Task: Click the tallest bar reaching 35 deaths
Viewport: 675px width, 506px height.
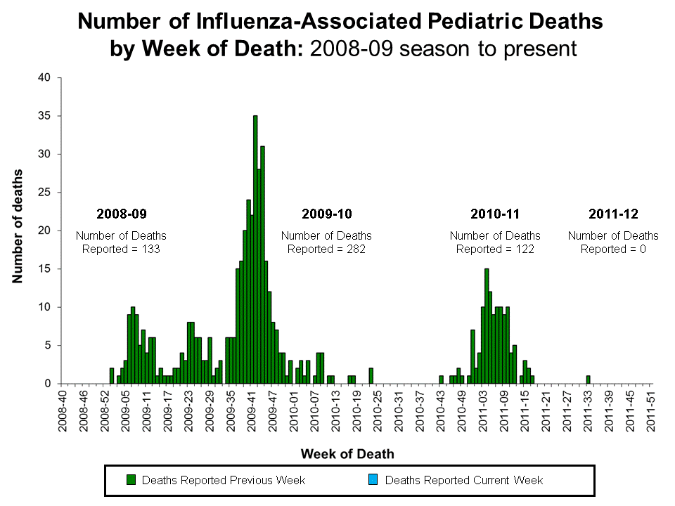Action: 255,249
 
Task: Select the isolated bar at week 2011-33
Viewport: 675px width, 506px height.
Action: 588,379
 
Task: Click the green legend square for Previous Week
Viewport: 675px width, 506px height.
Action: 131,480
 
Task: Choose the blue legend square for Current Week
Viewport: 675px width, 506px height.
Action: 374,480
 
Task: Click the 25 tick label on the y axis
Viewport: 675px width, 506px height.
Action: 46,193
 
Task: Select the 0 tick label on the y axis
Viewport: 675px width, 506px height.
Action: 49,384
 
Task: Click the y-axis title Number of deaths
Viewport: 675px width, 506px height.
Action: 17,226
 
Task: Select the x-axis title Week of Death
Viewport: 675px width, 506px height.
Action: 347,454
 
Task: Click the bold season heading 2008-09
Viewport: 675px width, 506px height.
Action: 121,213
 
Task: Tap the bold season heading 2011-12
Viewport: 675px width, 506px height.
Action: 613,213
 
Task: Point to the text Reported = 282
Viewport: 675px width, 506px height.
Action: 326,249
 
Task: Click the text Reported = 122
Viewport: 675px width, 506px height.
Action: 495,249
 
